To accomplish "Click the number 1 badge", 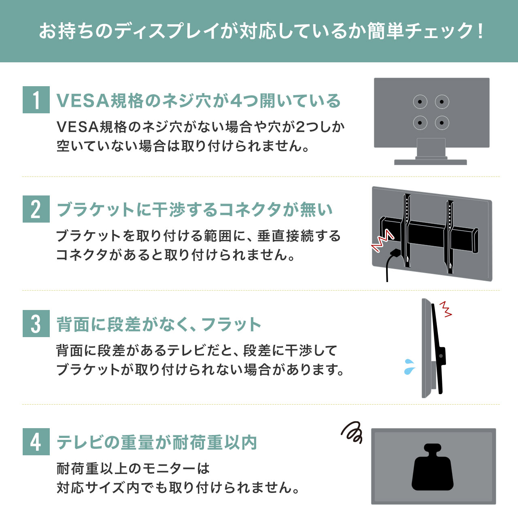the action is (x=36, y=100).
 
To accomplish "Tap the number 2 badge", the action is (x=36, y=209).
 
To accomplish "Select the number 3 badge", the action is (x=36, y=323).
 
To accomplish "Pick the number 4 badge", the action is (x=36, y=442).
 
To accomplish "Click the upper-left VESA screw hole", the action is (x=420, y=102).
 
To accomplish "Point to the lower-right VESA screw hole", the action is (x=442, y=123).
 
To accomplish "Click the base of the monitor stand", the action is (x=430, y=162).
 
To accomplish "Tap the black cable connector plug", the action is (x=395, y=253).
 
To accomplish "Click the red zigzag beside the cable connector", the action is (x=382, y=240).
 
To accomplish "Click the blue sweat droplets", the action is (x=410, y=367).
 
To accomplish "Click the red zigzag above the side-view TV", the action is (x=446, y=309).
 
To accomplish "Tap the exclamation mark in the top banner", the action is (x=480, y=31).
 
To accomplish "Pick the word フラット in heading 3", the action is (x=231, y=324).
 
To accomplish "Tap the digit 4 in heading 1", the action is (x=236, y=101).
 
